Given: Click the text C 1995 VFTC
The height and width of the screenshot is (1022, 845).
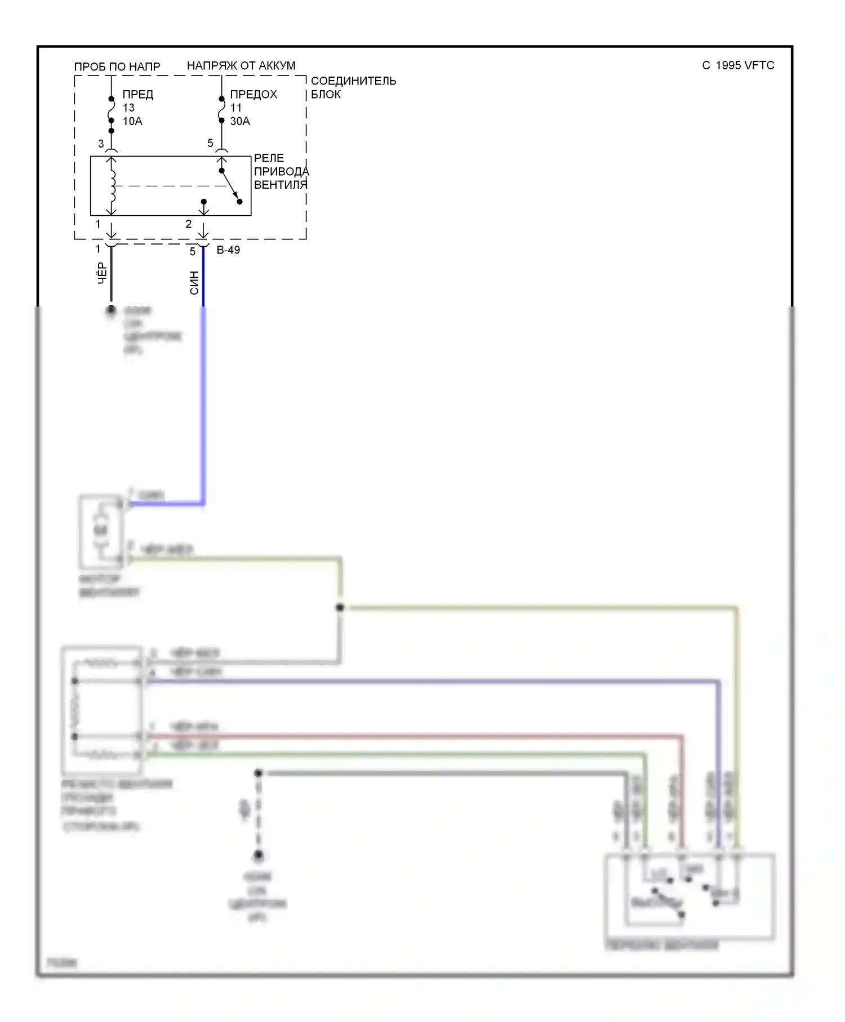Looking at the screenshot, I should (737, 65).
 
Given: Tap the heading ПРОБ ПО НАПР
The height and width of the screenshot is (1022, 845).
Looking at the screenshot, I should (117, 66).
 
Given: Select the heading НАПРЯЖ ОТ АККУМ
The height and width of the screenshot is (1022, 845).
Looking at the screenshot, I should (241, 65).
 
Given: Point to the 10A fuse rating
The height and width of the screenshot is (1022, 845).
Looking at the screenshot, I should (132, 121).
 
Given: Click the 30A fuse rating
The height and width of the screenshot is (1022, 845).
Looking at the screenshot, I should (240, 121).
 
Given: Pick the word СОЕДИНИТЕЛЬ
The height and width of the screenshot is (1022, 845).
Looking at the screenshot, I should (353, 81).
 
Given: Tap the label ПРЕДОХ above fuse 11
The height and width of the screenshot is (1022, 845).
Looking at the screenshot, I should (253, 94).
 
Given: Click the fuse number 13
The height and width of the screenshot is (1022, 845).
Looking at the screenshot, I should (128, 108).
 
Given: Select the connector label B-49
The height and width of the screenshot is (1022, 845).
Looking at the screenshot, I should (228, 250).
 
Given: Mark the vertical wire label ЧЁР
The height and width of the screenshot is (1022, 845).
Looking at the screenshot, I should (102, 273).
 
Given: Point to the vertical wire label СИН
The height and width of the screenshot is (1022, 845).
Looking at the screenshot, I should (194, 283).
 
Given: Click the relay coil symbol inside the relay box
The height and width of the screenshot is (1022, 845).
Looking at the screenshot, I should (113, 185).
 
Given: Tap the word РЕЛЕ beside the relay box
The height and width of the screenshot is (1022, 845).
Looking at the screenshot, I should (269, 158).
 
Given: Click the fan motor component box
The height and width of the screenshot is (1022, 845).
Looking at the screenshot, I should (101, 531).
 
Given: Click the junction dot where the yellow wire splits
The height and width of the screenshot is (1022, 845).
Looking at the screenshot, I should (340, 607).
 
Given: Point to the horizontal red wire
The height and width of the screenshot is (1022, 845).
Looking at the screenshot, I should (411, 736).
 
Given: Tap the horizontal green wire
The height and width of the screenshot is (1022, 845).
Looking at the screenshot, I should (394, 754).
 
